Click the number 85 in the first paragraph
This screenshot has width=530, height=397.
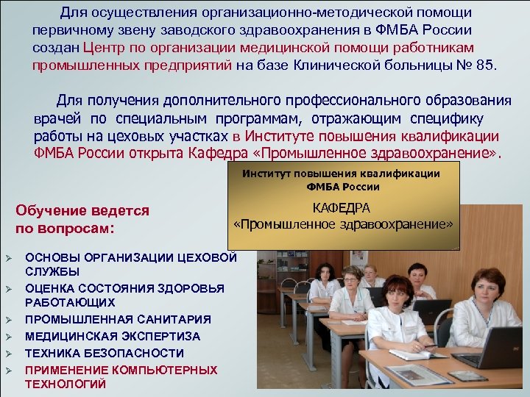pos(483,65)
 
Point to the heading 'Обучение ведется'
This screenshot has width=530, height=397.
pos(82,211)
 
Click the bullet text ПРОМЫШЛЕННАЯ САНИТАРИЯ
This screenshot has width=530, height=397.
pos(118,320)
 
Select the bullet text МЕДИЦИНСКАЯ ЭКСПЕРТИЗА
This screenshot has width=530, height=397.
pos(113,336)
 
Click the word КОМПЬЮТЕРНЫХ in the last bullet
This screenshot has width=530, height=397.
pos(156,370)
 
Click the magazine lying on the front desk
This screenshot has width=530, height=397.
pos(420,374)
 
